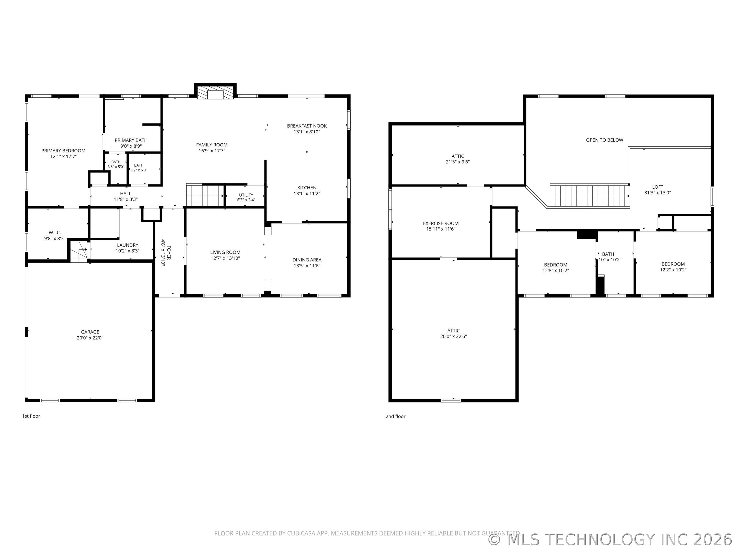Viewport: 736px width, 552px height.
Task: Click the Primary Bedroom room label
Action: point(63,151)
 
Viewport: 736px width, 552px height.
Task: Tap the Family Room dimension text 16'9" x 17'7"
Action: point(212,151)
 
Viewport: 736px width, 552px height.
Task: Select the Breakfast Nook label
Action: point(307,126)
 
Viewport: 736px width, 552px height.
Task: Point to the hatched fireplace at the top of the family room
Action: point(215,93)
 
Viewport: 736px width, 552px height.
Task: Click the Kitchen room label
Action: point(307,188)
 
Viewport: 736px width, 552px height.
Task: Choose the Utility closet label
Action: point(246,195)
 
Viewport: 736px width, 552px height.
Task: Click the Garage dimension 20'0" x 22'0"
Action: point(90,338)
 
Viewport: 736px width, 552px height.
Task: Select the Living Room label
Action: point(225,252)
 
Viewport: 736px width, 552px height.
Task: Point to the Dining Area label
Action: point(307,260)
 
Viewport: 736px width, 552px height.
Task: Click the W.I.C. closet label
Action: point(55,233)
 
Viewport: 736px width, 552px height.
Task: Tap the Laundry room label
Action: point(128,245)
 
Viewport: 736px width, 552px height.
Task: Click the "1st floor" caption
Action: point(31,416)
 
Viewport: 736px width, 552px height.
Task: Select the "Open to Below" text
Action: point(605,140)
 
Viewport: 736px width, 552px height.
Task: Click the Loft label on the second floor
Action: point(658,187)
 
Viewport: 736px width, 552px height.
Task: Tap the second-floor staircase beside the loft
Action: point(589,196)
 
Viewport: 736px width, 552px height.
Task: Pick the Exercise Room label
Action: point(441,224)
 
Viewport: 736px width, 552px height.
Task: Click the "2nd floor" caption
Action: point(396,416)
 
